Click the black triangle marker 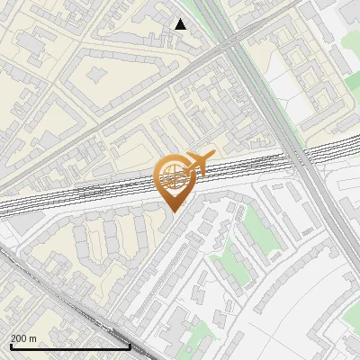(x=180, y=24)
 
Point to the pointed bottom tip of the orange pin (x=172, y=211)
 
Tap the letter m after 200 (x=34, y=337)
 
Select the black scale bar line (x=70, y=346)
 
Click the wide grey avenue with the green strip (x=270, y=99)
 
